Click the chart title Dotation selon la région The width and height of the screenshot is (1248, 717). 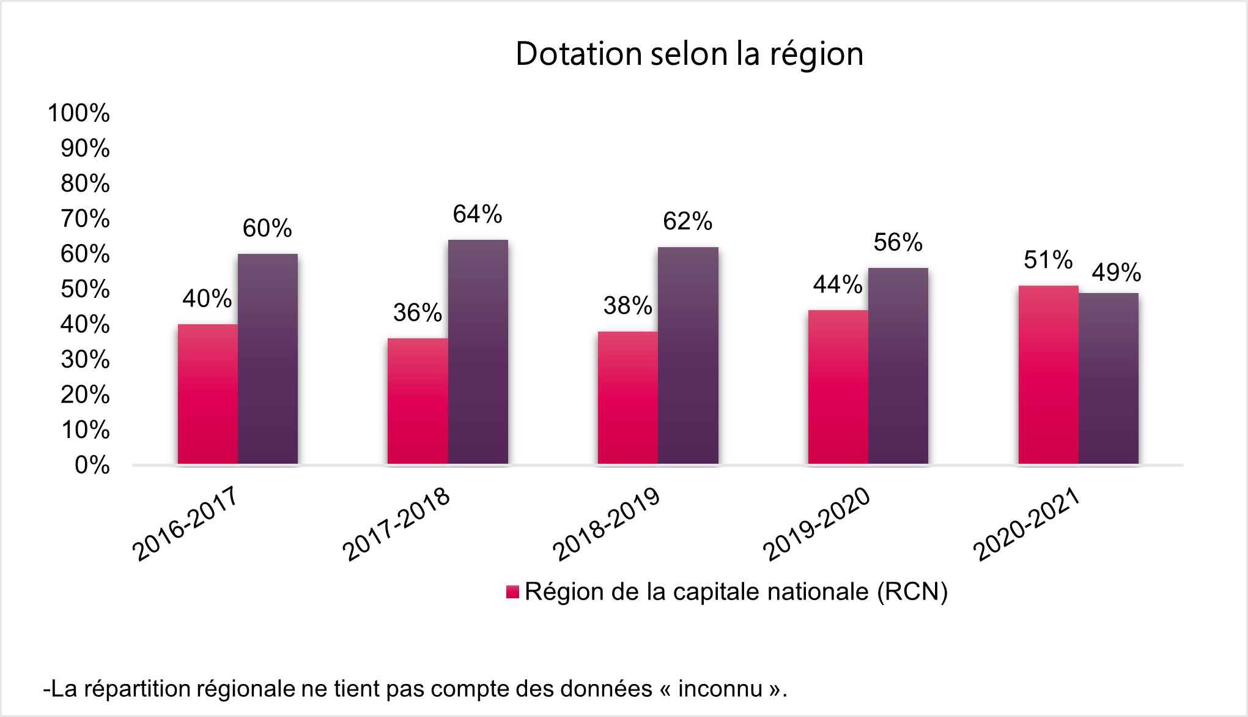689,54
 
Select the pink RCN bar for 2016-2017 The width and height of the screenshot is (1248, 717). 208,394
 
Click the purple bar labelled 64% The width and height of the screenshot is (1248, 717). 478,352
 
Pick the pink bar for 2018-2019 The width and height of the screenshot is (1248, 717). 628,398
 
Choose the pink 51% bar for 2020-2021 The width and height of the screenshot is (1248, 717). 1048,374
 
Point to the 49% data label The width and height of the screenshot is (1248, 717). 1116,272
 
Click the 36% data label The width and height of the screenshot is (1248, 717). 417,313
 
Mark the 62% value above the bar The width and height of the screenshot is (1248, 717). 687,221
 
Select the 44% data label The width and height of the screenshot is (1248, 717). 837,284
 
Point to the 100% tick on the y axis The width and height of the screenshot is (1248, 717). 79,113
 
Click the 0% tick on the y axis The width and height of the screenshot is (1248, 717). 92,466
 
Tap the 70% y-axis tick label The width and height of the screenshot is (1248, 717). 85,218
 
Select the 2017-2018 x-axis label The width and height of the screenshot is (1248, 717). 396,525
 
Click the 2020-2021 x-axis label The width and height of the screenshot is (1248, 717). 1027,525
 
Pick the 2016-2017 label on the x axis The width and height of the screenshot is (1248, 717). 185,525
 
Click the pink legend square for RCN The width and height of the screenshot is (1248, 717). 512,592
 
